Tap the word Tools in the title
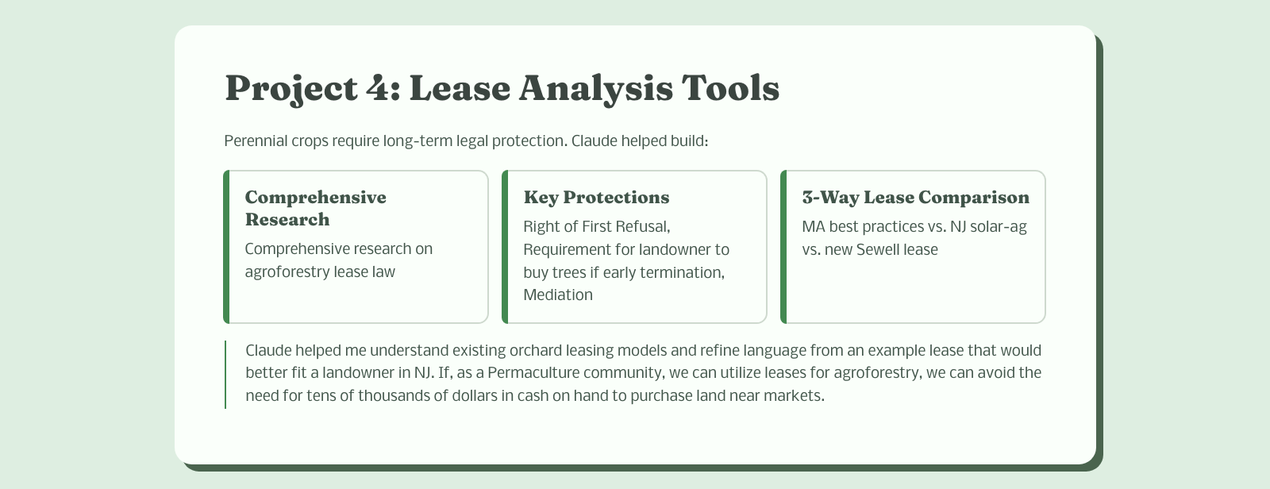coord(730,88)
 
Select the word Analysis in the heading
coord(596,89)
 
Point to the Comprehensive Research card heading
coord(315,208)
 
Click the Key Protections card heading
coord(596,197)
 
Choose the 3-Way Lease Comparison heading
coord(916,197)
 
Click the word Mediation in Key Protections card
coord(558,295)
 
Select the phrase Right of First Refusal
coord(596,227)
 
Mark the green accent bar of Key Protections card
coord(505,247)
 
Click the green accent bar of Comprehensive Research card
coord(227,247)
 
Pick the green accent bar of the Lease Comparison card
coord(783,247)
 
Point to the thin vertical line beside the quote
coord(225,375)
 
